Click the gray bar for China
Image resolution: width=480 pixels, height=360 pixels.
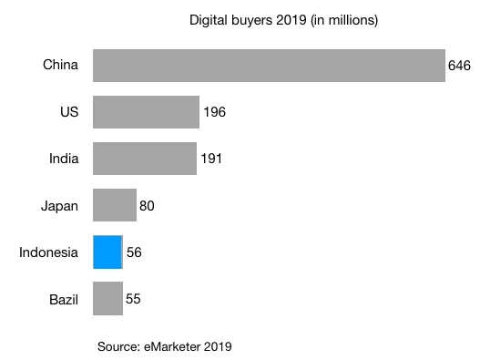(269, 66)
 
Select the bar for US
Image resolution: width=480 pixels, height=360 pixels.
(146, 112)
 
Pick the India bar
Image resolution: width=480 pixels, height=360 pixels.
(144, 159)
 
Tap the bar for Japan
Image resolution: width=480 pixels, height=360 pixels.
(114, 205)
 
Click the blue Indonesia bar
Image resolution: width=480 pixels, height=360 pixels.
(107, 252)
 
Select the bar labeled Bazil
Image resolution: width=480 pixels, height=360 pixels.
(107, 298)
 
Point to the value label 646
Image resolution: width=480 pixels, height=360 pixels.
(459, 66)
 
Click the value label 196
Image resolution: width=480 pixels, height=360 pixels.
(214, 112)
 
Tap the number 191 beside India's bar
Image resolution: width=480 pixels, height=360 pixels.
(211, 159)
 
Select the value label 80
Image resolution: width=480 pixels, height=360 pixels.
(148, 205)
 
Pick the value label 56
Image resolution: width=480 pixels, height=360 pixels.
(135, 252)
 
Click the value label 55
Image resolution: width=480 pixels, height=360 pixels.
(134, 298)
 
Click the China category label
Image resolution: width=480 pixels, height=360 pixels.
(61, 65)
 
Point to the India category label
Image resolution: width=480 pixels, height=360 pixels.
(64, 159)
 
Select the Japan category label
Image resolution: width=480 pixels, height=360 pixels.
(60, 205)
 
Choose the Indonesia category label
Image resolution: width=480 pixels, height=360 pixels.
(49, 252)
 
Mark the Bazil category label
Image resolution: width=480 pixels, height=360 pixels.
(62, 298)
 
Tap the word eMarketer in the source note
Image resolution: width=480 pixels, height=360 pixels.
(169, 346)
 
